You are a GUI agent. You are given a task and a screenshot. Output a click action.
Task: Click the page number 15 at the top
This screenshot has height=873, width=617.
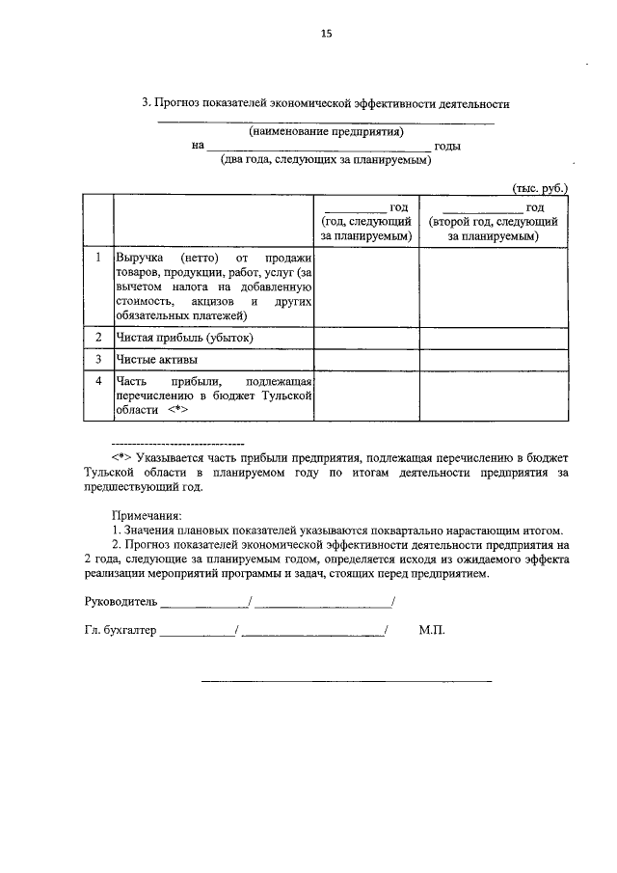pyautogui.click(x=326, y=34)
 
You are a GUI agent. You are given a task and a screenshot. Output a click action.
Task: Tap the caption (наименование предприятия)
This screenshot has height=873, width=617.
pyautogui.click(x=326, y=131)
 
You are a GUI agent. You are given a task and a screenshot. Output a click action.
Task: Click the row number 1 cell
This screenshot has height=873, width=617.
pyautogui.click(x=98, y=259)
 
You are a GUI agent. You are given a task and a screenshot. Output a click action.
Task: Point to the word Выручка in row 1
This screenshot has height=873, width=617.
pyautogui.click(x=141, y=259)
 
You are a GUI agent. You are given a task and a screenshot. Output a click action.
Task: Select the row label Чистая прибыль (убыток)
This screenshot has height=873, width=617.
pyautogui.click(x=184, y=337)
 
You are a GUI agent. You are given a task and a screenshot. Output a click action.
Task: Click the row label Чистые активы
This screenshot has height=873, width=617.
pyautogui.click(x=157, y=360)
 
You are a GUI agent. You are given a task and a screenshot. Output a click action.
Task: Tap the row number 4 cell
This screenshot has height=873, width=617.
pyautogui.click(x=98, y=382)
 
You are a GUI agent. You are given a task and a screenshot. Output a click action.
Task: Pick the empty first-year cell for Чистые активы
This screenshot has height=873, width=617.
pyautogui.click(x=366, y=360)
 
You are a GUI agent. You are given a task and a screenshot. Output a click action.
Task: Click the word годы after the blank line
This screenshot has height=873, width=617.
pyautogui.click(x=447, y=147)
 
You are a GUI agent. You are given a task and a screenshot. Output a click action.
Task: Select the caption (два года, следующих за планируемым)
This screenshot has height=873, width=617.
pyautogui.click(x=326, y=161)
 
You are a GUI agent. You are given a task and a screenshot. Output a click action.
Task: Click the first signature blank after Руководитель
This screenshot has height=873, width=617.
pyautogui.click(x=203, y=606)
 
